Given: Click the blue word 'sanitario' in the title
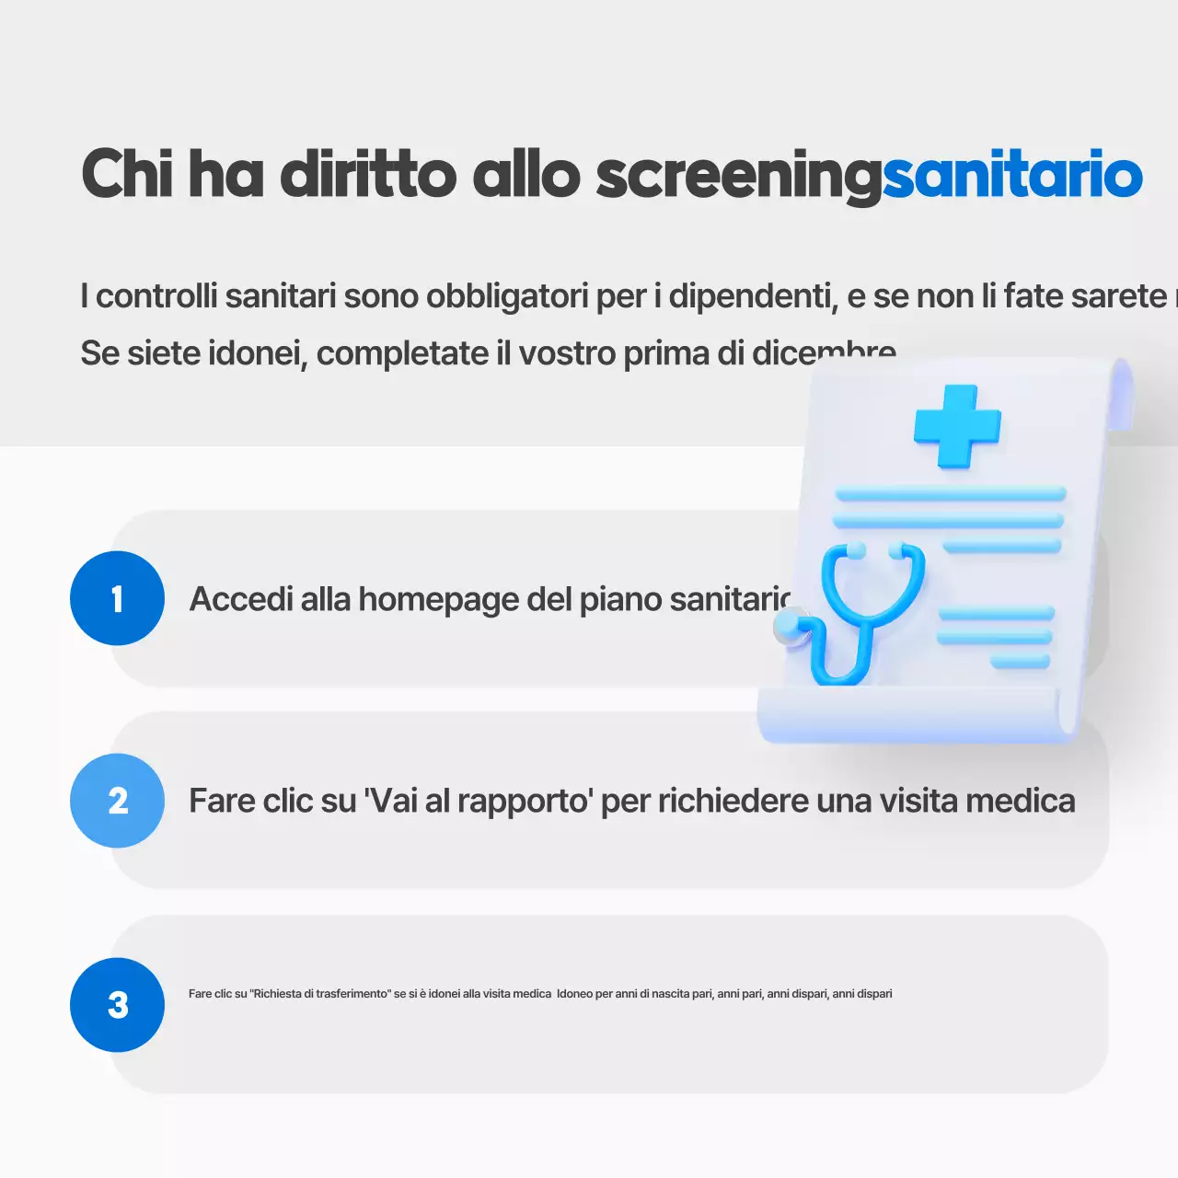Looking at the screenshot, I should point(1012,175).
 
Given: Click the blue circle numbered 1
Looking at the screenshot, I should point(117,598).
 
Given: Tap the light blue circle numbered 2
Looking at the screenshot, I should point(117,801).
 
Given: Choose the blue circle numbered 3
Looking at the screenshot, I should point(117,1005).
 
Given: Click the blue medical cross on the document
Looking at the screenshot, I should point(957,426).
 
